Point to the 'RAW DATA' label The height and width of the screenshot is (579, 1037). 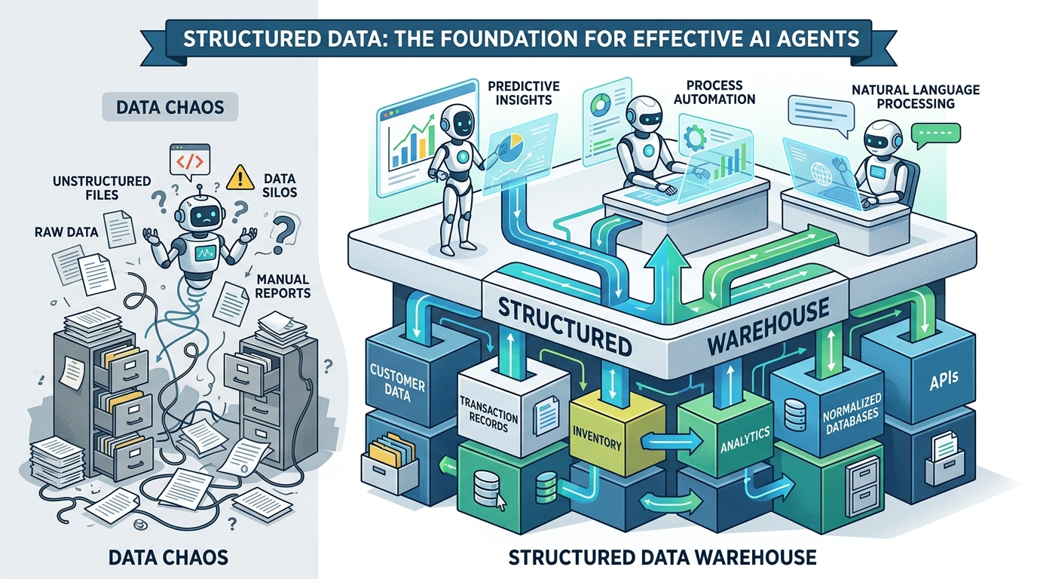[x=66, y=232]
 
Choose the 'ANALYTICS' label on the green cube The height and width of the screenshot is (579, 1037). [x=743, y=435]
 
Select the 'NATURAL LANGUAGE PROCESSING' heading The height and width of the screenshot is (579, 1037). [x=915, y=96]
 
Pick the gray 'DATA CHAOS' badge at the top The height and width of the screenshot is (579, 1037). [x=170, y=107]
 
